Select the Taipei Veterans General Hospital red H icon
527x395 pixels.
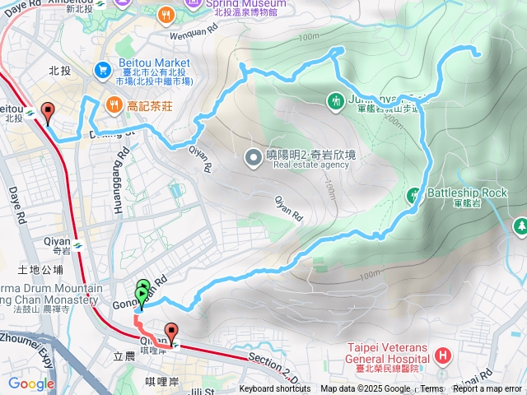click(443, 355)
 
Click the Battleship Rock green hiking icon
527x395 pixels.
click(414, 195)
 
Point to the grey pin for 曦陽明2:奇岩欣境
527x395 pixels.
click(253, 156)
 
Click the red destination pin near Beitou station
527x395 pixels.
click(48, 112)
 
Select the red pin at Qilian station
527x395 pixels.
click(171, 332)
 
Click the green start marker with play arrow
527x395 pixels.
click(142, 294)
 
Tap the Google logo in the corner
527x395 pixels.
click(30, 383)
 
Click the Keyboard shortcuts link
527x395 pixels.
click(275, 389)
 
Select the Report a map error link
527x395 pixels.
click(487, 389)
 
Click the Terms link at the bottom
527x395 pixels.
click(431, 389)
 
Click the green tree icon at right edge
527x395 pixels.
click(520, 225)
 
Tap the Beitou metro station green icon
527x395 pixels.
click(30, 111)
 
